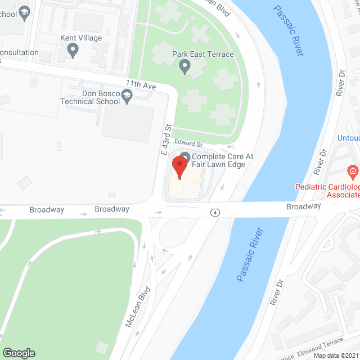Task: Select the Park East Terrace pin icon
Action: (x=184, y=68)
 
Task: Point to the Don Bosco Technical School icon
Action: (x=128, y=98)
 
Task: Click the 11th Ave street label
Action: (x=141, y=84)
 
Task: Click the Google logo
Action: (x=19, y=353)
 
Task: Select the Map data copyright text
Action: (x=335, y=355)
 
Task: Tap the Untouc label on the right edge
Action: (x=348, y=138)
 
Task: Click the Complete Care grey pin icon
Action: (x=184, y=156)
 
